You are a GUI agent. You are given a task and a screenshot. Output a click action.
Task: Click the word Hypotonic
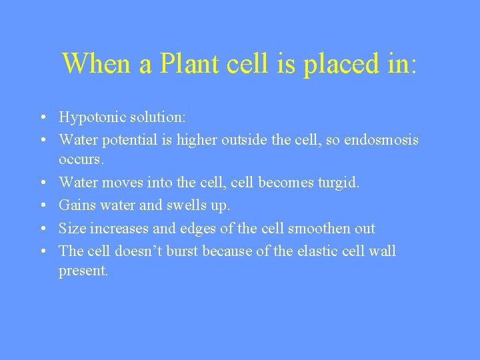click(x=89, y=118)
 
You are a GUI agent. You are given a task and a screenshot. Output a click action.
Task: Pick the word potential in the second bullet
click(x=131, y=140)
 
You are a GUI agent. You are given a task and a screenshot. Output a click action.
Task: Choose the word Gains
click(x=77, y=205)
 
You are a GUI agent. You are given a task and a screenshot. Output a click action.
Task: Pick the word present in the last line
click(x=83, y=271)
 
